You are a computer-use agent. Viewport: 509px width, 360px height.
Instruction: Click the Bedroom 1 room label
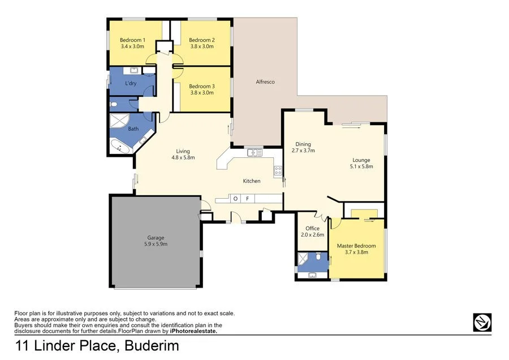[133, 40]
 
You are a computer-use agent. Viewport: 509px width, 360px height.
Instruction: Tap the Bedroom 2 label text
[201, 40]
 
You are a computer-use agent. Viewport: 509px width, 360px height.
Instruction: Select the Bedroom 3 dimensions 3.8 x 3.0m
[202, 92]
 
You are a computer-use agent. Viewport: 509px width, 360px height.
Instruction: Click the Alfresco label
[265, 82]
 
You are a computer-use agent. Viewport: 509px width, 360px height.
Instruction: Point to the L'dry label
[131, 84]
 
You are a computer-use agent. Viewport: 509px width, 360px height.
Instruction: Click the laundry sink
[134, 71]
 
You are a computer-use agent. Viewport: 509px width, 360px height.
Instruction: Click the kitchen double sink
[254, 152]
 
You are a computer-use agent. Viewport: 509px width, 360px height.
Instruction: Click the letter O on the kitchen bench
[236, 198]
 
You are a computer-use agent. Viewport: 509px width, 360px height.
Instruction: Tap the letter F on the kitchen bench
[247, 198]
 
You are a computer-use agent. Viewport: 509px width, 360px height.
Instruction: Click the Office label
[313, 229]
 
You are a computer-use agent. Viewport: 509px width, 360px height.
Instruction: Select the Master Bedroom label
[356, 246]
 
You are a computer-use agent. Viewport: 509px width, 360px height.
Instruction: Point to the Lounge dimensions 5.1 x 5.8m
[362, 167]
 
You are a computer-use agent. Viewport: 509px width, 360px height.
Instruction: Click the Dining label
[301, 144]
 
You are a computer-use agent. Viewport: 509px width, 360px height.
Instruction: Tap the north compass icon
[482, 322]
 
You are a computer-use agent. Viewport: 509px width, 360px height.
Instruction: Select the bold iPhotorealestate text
[190, 332]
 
